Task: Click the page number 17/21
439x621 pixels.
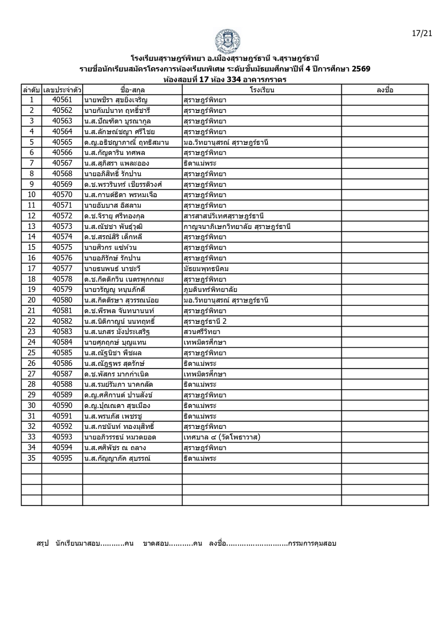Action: point(422,33)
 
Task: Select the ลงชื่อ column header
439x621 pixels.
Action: point(385,90)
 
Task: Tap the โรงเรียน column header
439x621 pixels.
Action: point(262,90)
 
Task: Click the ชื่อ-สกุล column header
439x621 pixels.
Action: point(132,90)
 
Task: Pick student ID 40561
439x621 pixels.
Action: point(62,100)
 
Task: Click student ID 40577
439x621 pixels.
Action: point(62,269)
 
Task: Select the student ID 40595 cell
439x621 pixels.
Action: point(62,458)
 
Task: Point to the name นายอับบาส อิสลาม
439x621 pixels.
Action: point(113,205)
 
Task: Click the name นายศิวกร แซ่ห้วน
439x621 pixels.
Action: point(110,248)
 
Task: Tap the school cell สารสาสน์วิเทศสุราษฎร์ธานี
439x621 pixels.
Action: point(224,216)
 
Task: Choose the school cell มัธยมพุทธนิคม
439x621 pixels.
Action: point(208,269)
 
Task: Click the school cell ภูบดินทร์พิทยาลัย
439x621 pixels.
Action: point(210,290)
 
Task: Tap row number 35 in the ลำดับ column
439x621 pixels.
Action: point(31,458)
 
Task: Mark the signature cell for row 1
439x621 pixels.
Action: point(385,100)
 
